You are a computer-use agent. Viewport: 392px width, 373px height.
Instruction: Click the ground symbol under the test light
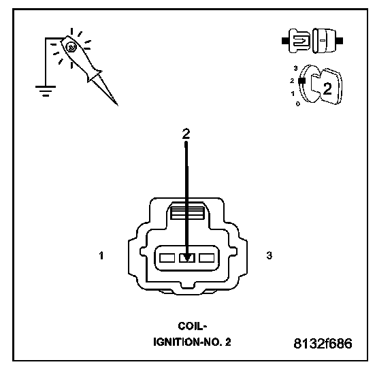click(x=46, y=91)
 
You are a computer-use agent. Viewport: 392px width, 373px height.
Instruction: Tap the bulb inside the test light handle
click(x=71, y=46)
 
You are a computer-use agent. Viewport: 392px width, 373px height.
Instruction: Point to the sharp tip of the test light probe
click(x=117, y=105)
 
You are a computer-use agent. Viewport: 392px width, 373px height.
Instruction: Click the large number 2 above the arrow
click(x=186, y=134)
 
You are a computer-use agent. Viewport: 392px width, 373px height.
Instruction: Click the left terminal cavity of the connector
click(x=167, y=258)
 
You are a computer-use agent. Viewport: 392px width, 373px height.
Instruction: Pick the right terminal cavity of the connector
click(x=206, y=258)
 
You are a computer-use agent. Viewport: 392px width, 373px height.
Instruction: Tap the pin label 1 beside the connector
click(x=101, y=255)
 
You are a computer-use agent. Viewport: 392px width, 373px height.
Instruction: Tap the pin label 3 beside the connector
click(x=269, y=255)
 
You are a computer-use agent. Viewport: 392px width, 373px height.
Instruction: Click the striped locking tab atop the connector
click(x=188, y=211)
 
